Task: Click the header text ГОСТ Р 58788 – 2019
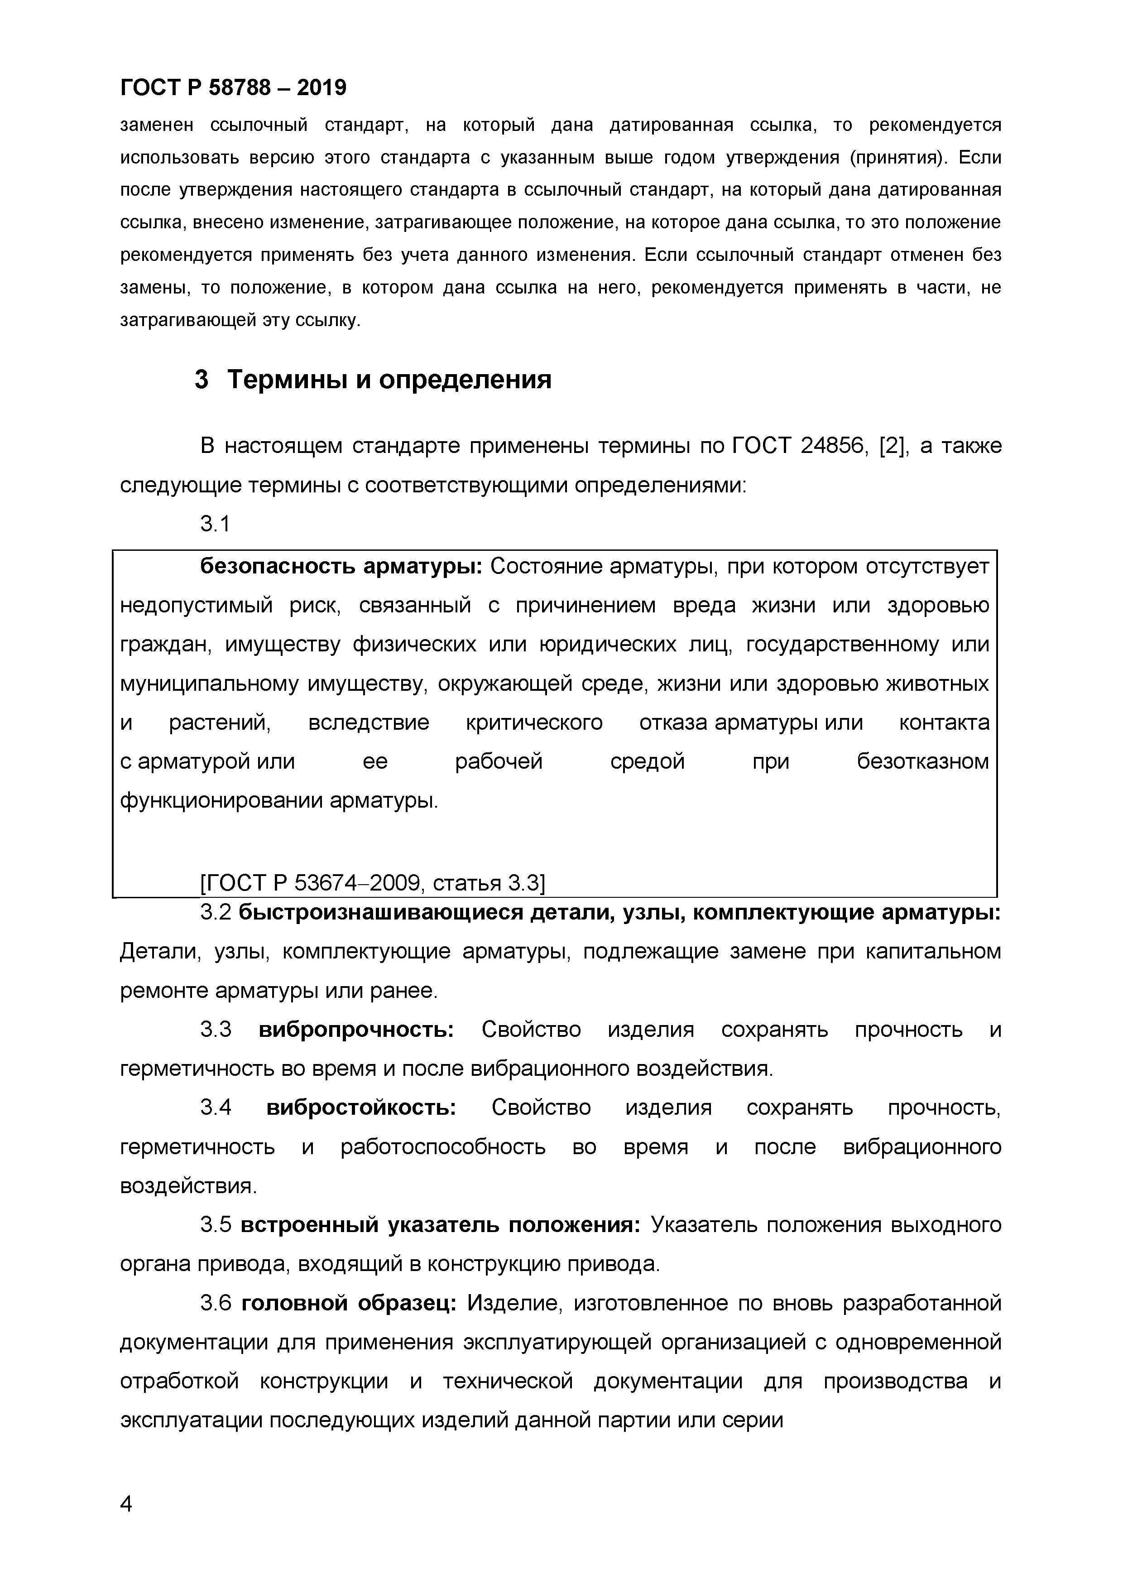click(x=233, y=88)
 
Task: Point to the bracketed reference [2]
click(x=893, y=446)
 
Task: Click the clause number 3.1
click(x=215, y=525)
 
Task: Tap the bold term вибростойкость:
click(x=360, y=1108)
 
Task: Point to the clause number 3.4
click(x=215, y=1108)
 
